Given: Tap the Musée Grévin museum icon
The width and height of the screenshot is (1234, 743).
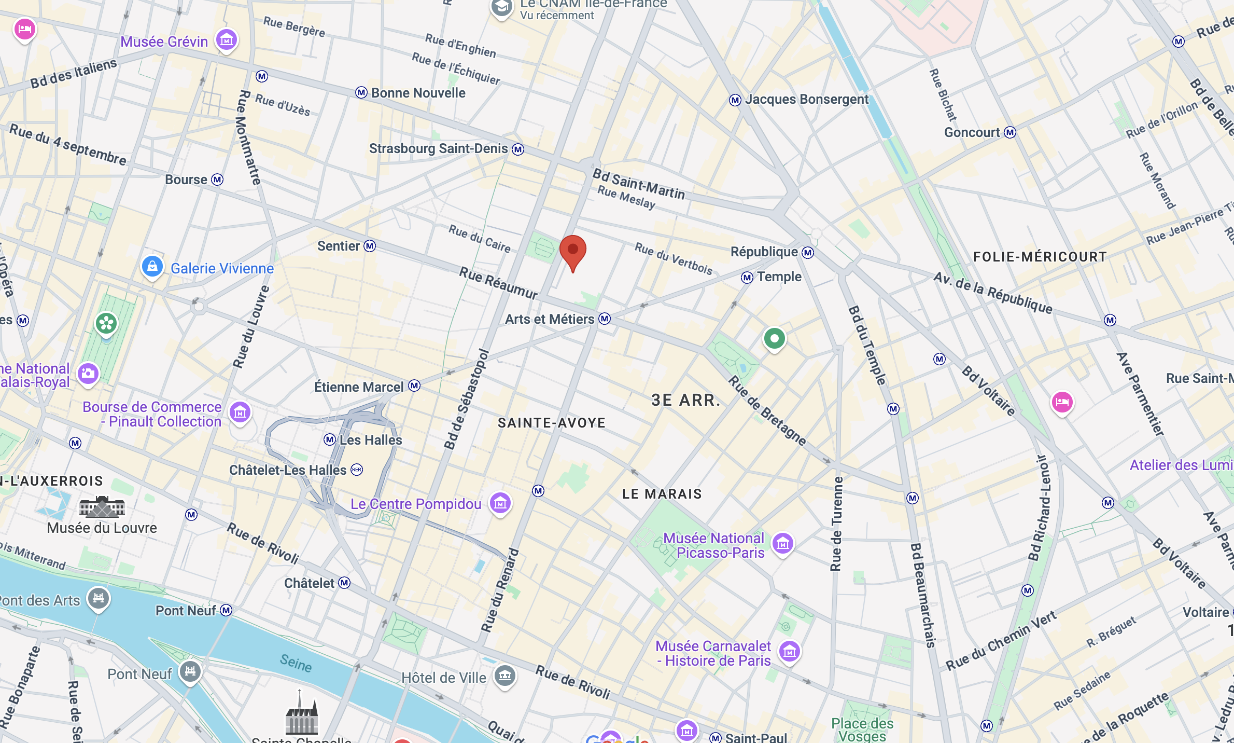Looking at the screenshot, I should click(227, 40).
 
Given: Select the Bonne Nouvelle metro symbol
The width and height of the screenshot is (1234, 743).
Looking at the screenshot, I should click(361, 93).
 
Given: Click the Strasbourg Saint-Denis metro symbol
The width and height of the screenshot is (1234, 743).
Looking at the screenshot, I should click(518, 149).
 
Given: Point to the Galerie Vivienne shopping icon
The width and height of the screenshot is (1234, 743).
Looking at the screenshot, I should click(152, 267).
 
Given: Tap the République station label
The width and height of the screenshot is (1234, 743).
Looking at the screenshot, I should click(764, 252).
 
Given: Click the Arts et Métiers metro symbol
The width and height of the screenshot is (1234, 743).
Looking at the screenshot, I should click(605, 319).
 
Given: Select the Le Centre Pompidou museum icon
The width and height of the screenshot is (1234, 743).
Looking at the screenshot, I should click(500, 503).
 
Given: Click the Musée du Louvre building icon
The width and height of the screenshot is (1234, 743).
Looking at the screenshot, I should click(102, 507).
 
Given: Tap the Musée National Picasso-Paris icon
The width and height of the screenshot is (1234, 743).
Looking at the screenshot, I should click(783, 544).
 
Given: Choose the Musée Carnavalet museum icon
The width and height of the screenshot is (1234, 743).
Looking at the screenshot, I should click(790, 651).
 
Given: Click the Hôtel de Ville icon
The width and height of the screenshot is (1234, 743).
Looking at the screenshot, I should click(505, 676).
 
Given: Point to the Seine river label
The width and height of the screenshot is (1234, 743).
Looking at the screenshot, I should click(296, 663).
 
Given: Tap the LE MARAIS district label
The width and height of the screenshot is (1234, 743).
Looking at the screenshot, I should click(662, 494).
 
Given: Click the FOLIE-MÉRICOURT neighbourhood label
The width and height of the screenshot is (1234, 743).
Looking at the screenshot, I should click(1040, 257).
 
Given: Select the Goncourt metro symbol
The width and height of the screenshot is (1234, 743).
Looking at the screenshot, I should click(1009, 132).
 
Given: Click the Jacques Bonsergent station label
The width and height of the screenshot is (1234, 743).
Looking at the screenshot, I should click(806, 99).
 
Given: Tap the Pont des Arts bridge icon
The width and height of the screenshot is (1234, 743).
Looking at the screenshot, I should click(99, 598).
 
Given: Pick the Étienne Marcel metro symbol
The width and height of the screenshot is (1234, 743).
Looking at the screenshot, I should click(414, 386).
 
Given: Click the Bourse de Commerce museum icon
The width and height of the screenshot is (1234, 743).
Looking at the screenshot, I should click(240, 412).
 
